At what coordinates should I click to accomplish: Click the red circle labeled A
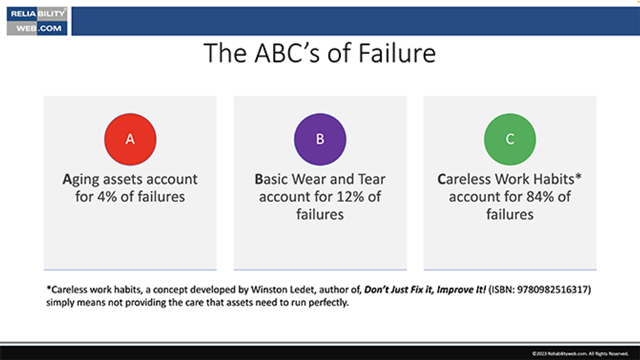click(x=130, y=139)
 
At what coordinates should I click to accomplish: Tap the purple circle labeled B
click(x=320, y=139)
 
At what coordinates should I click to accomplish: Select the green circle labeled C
click(x=509, y=139)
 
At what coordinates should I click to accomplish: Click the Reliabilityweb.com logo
click(x=37, y=21)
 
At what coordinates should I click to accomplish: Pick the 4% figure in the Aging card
click(x=106, y=196)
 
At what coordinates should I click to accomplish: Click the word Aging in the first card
click(x=84, y=179)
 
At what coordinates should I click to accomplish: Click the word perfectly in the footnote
click(x=328, y=303)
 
